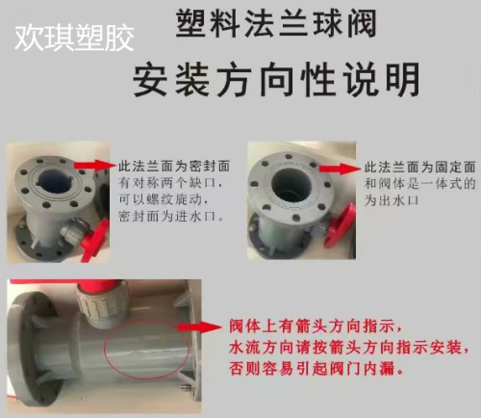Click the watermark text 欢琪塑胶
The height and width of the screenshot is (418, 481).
(x=73, y=38)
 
